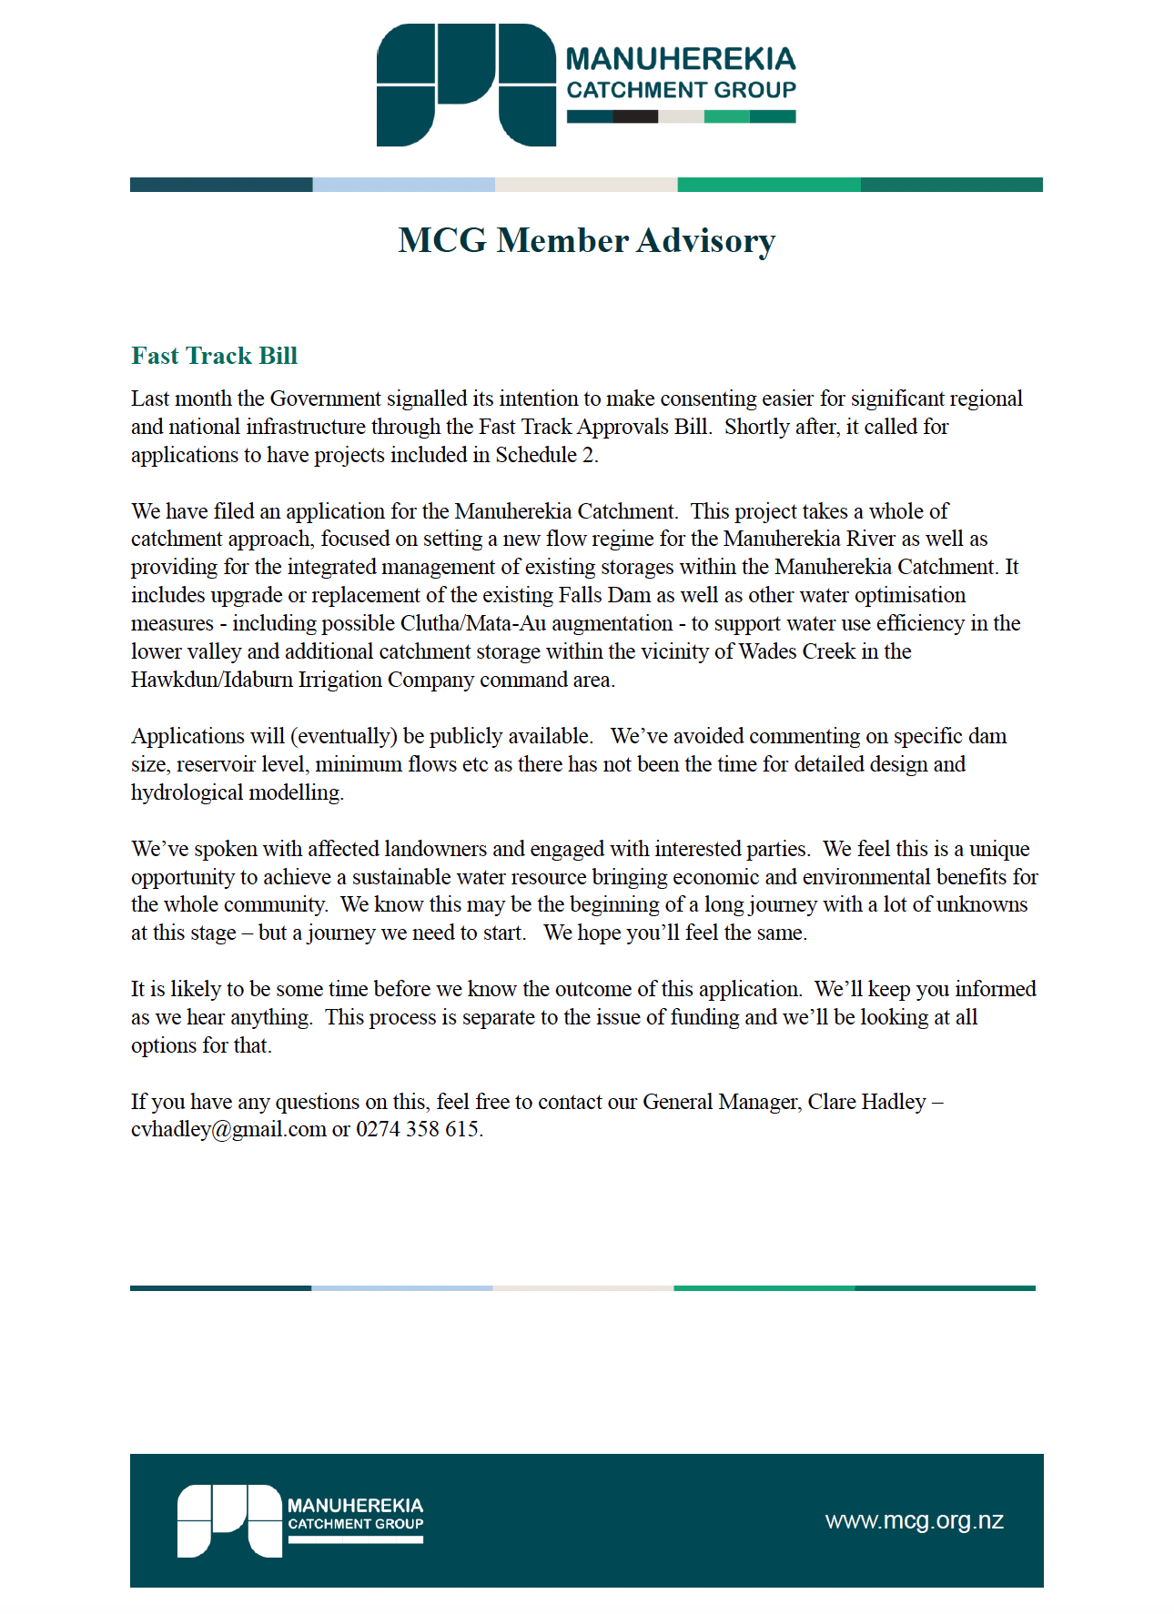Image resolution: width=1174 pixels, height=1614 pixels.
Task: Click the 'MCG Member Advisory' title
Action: click(587, 240)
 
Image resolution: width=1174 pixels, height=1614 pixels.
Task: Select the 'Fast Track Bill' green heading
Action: click(214, 356)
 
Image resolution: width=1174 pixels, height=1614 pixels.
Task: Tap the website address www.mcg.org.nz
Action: click(914, 1520)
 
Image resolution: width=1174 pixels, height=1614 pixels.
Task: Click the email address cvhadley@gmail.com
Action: click(228, 1129)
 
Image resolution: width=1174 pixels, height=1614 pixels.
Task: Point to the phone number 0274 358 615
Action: click(418, 1129)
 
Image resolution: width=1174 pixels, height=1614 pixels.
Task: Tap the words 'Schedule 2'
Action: click(545, 455)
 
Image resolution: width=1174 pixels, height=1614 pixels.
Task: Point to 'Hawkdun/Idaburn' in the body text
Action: click(212, 680)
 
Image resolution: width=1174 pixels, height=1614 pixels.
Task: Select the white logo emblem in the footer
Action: click(229, 1520)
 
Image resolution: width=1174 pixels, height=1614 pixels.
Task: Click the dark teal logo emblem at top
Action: click(466, 85)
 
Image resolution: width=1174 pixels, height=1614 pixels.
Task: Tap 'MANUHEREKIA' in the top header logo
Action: click(681, 59)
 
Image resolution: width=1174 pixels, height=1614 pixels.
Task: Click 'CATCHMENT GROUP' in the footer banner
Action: click(356, 1524)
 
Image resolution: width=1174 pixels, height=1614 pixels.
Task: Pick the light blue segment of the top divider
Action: click(403, 185)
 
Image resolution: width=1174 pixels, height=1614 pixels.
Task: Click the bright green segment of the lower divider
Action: click(764, 1287)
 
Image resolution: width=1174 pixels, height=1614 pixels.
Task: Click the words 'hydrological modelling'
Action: click(237, 792)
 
